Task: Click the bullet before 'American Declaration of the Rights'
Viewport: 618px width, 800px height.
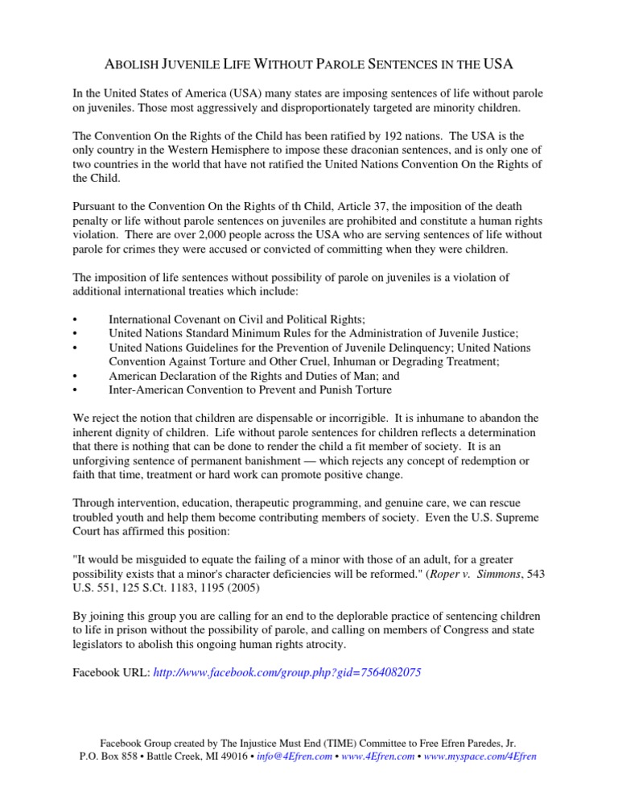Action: pyautogui.click(x=74, y=376)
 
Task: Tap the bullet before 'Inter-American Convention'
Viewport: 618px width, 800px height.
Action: pyautogui.click(x=74, y=390)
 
